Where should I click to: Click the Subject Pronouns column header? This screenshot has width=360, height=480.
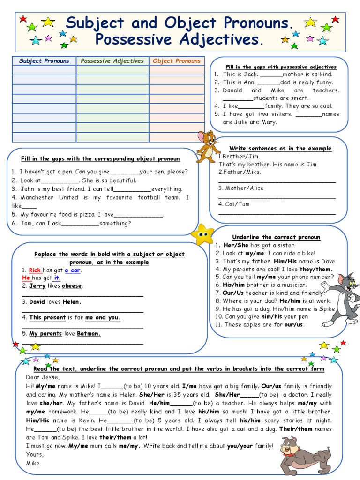click(x=44, y=61)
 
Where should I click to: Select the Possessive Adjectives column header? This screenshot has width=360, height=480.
click(x=112, y=61)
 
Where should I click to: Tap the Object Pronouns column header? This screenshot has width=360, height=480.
click(x=177, y=61)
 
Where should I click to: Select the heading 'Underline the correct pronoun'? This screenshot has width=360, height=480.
click(x=276, y=237)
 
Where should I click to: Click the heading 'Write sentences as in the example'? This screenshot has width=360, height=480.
click(x=280, y=148)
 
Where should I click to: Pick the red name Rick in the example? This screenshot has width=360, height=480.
click(x=35, y=270)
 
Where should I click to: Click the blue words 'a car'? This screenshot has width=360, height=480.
click(x=72, y=270)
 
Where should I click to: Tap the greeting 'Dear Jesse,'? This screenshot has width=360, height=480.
click(x=43, y=377)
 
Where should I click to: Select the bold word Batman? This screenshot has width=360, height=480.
click(x=89, y=334)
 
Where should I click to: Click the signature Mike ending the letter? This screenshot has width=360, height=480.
click(x=33, y=463)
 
